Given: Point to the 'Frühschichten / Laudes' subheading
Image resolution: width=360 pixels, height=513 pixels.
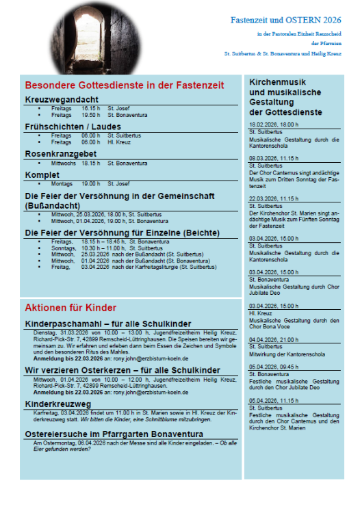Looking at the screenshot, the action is point(73,127).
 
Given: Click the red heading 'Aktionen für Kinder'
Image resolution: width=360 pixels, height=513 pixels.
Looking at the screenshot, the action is point(70,307).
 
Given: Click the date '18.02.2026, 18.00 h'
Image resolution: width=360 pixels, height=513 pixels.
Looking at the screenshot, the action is point(274,124).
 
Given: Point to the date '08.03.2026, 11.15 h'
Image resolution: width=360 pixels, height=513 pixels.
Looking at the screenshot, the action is point(274,158).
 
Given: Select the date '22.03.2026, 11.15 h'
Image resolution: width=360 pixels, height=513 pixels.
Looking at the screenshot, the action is point(274,198).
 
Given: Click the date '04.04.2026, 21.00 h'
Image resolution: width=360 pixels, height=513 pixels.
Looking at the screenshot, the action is point(274,339).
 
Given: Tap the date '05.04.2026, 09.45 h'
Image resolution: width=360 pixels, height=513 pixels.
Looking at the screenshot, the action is point(274,367).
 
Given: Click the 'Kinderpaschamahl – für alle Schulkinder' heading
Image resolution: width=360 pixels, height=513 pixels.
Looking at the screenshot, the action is point(108,324).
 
